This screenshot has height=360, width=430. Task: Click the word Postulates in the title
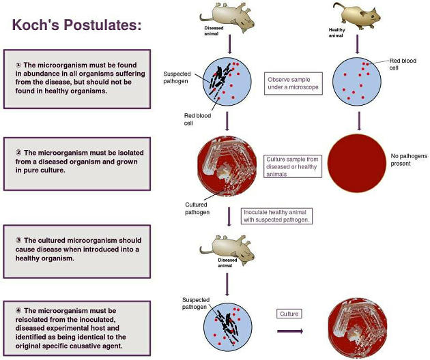102,25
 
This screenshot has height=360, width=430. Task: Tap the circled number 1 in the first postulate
18,65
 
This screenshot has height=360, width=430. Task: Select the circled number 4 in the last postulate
18,310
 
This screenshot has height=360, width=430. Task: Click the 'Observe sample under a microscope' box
293,84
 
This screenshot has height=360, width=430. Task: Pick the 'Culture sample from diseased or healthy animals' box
293,166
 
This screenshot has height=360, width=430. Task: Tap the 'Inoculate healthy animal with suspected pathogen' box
276,216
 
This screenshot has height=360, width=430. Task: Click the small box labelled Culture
289,314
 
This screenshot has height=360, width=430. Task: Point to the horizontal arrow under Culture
290,331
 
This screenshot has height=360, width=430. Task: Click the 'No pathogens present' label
409,160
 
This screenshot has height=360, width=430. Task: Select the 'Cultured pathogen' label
197,209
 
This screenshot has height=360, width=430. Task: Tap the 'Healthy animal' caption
336,33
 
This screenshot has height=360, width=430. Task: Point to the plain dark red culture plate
357,163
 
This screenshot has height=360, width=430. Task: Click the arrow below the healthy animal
357,44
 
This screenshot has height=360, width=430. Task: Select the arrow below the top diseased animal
229,44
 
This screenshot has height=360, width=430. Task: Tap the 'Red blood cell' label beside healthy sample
403,64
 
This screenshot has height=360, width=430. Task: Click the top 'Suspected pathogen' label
177,78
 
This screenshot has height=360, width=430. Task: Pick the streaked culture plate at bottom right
358,328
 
